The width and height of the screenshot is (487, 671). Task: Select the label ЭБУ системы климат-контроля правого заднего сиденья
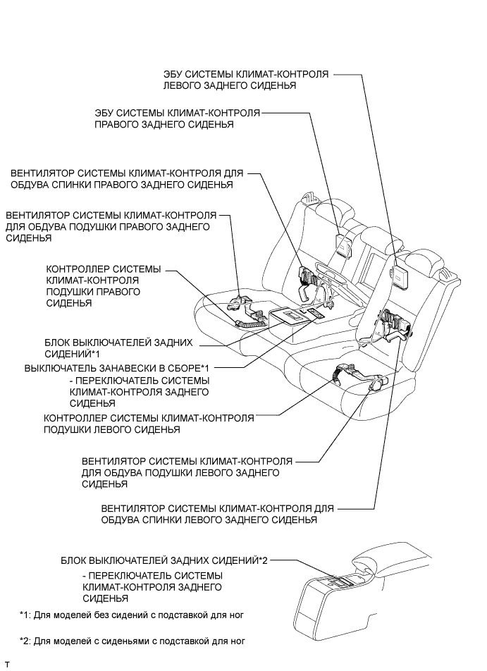point(178,118)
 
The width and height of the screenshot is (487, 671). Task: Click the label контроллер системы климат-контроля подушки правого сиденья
point(103,286)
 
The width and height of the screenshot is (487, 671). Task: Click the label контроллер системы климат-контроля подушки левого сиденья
point(148,424)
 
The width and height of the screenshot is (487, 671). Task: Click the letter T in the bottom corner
point(7,665)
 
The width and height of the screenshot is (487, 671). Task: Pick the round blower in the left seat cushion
point(378,384)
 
